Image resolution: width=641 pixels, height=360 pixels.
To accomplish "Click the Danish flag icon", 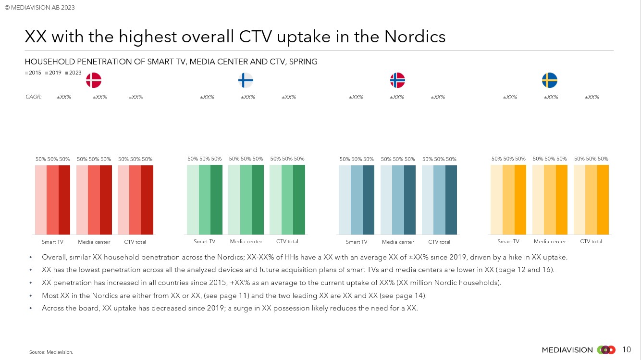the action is tap(94, 80).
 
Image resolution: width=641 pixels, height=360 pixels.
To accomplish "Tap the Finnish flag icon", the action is tap(246, 80).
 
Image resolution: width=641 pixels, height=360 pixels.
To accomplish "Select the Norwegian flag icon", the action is tap(397, 80).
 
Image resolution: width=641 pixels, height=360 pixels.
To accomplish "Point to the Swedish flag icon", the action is tap(549, 80).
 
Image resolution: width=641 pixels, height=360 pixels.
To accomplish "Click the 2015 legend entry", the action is tap(33, 73).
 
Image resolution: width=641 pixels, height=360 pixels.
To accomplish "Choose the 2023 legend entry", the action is tap(73, 73).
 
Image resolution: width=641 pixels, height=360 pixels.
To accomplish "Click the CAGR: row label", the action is tap(34, 97).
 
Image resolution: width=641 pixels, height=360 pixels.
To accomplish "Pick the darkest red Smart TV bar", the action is tap(64, 200).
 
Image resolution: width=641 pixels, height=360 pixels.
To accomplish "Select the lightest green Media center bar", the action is tap(234, 199).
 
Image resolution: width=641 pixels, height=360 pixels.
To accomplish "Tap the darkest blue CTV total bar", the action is tap(451, 200).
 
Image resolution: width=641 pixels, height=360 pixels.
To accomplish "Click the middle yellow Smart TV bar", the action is tap(508, 199).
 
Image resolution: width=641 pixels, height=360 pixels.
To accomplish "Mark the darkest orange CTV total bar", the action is tap(603, 199).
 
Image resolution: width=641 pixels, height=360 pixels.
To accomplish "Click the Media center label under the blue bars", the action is tap(398, 242).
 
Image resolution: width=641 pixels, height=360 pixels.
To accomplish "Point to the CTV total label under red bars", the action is tap(135, 242).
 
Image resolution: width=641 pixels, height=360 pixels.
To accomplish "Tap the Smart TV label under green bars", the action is tap(204, 241).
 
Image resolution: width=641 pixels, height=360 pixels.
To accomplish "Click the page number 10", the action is tap(627, 349).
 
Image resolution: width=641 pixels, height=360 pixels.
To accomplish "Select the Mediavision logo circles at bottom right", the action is tap(606, 350).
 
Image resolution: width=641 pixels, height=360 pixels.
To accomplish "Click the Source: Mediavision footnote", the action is tap(51, 352).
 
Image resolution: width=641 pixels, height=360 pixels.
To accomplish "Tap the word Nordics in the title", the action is tap(415, 37).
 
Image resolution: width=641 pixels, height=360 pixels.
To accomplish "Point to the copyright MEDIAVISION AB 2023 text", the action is tap(40, 7).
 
